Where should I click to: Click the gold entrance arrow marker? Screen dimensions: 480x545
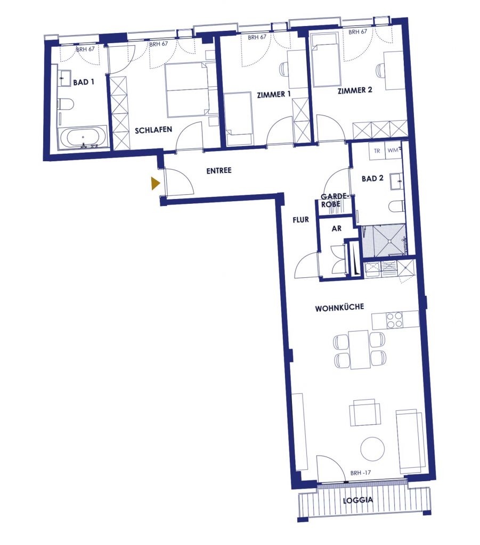[x=155, y=183]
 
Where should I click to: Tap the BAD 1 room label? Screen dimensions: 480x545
[x=84, y=82]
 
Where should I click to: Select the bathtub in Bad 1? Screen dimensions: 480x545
[x=83, y=138]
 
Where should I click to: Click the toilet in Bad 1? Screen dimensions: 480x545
[x=66, y=104]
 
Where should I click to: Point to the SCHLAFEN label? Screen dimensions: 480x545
[x=153, y=130]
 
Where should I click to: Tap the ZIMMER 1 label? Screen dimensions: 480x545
[x=274, y=94]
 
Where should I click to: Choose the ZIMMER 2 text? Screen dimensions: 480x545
[x=355, y=90]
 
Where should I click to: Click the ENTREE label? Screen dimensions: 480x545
[x=219, y=171]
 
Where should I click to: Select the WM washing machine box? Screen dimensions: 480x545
[x=393, y=151]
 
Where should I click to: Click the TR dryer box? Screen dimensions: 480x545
[x=377, y=151]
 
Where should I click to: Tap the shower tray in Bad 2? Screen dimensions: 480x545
[x=384, y=241]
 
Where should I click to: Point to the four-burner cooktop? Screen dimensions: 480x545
[x=395, y=320]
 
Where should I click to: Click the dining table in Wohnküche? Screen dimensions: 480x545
[x=359, y=350]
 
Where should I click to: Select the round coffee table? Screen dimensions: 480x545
[x=372, y=449]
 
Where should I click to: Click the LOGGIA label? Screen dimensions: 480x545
[x=358, y=500]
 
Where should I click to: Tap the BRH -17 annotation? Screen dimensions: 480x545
[x=361, y=473]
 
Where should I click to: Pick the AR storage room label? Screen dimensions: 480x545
[x=337, y=229]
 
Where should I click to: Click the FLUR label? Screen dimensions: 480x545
[x=300, y=220]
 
